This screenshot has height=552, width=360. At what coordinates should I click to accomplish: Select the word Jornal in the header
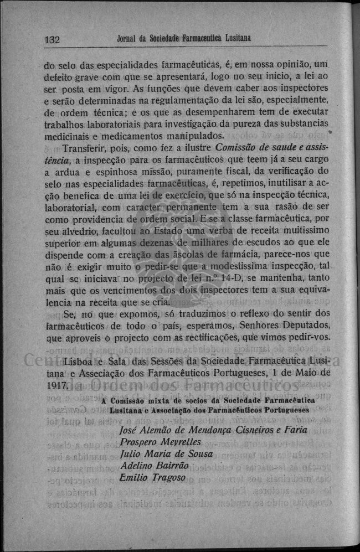[129, 39]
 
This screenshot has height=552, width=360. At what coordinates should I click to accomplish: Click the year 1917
[55, 385]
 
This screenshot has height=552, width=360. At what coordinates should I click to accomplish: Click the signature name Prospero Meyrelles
[160, 442]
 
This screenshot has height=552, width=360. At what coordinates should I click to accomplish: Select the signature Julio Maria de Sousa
[166, 454]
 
